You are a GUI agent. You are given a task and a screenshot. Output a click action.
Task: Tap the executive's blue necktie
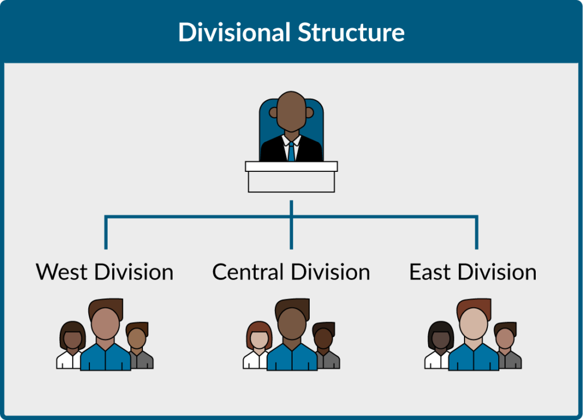pyautogui.click(x=291, y=151)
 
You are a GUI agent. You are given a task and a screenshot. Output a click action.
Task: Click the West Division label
pyautogui.click(x=105, y=272)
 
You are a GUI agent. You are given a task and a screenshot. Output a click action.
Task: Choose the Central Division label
pyautogui.click(x=291, y=272)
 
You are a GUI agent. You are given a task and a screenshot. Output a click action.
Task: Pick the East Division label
pyautogui.click(x=473, y=272)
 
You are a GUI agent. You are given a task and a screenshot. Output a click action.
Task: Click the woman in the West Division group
pyautogui.click(x=72, y=341)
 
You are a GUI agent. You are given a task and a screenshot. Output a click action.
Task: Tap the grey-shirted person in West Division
pyautogui.click(x=138, y=344)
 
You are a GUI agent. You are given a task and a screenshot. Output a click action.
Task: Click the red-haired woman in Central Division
pyautogui.click(x=258, y=341)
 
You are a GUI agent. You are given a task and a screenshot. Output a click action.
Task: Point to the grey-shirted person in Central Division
pyautogui.click(x=325, y=344)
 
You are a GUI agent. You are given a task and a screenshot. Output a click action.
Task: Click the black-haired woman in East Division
pyautogui.click(x=440, y=341)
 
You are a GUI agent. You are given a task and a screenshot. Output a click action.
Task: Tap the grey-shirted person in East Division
pyautogui.click(x=506, y=344)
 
